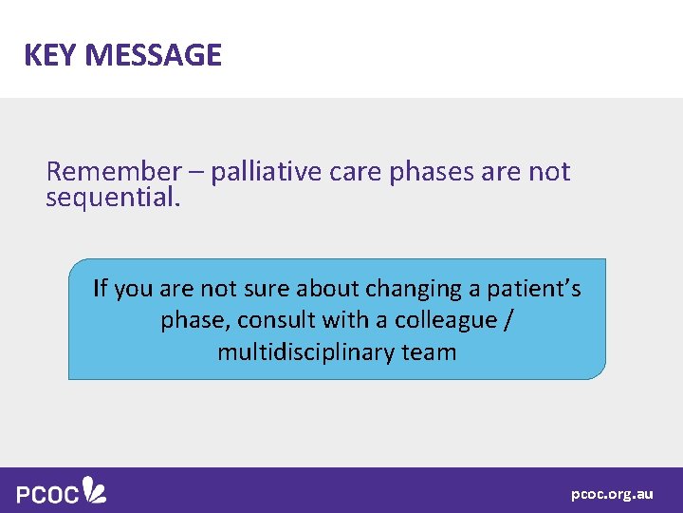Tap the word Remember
(113, 171)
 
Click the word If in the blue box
(101, 288)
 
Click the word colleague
(445, 320)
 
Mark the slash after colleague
(510, 320)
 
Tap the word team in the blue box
(429, 352)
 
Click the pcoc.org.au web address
(612, 494)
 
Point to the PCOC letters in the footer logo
(47, 493)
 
